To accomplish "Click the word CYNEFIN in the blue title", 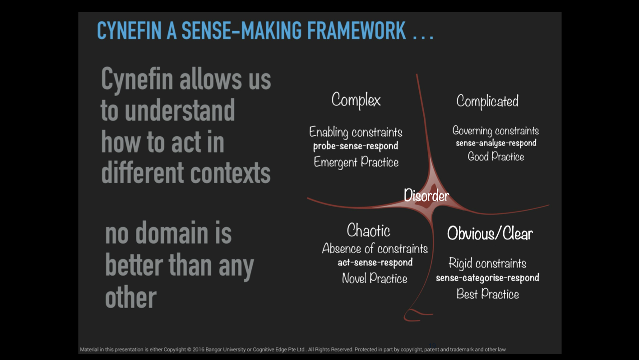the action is pos(130,30).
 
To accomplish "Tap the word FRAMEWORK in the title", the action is pos(357,30).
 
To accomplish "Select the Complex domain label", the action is pos(356,100).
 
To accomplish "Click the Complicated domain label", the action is pos(487,101).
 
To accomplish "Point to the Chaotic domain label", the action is pos(368,230).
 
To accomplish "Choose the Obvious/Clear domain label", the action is pos(490,233).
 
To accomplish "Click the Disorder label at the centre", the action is pos(426,196).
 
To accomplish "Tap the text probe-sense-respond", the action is pos(356,146).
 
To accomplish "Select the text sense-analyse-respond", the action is pos(496,143).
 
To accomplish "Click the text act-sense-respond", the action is pos(375,263).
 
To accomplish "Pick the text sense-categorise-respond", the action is pos(487,278).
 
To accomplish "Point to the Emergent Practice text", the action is pos(356,162).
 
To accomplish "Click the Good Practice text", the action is pos(496,157).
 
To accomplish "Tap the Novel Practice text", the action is pos(375,278).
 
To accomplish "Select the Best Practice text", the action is pos(487,294).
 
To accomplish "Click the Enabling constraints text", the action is pos(356,132).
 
